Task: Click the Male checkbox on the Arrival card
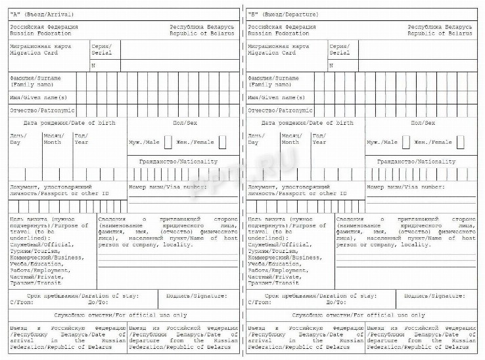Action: (168, 142)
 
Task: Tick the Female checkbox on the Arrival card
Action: (223, 142)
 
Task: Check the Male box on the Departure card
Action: (406, 142)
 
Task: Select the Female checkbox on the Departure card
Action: (461, 142)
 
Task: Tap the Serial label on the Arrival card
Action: (101, 52)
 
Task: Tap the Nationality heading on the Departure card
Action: (434, 161)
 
